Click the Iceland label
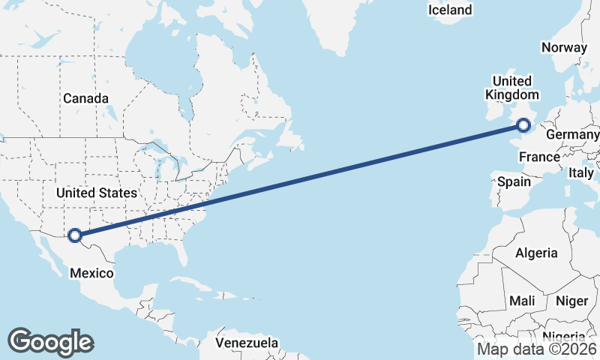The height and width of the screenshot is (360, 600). tap(450, 10)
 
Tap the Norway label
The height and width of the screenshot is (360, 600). tap(564, 47)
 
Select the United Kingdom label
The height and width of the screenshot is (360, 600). tap(512, 88)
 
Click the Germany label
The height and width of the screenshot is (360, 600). tap(572, 134)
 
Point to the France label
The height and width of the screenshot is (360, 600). tap(539, 157)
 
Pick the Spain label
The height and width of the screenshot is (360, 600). tap(514, 181)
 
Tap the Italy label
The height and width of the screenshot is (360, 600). tap(580, 172)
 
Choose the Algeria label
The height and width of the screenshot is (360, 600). tap(536, 253)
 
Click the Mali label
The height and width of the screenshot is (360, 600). tap(522, 301)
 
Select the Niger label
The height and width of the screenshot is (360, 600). tap(571, 301)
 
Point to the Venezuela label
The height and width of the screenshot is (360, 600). tap(247, 343)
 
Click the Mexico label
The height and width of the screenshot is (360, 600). tap(91, 273)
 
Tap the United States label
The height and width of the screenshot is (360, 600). tap(97, 193)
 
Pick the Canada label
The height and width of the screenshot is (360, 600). tap(85, 98)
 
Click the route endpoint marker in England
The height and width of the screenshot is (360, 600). tap(523, 126)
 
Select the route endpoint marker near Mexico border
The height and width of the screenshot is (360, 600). tap(74, 235)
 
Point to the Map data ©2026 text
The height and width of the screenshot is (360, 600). tap(537, 349)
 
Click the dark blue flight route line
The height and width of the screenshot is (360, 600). tap(300, 181)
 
